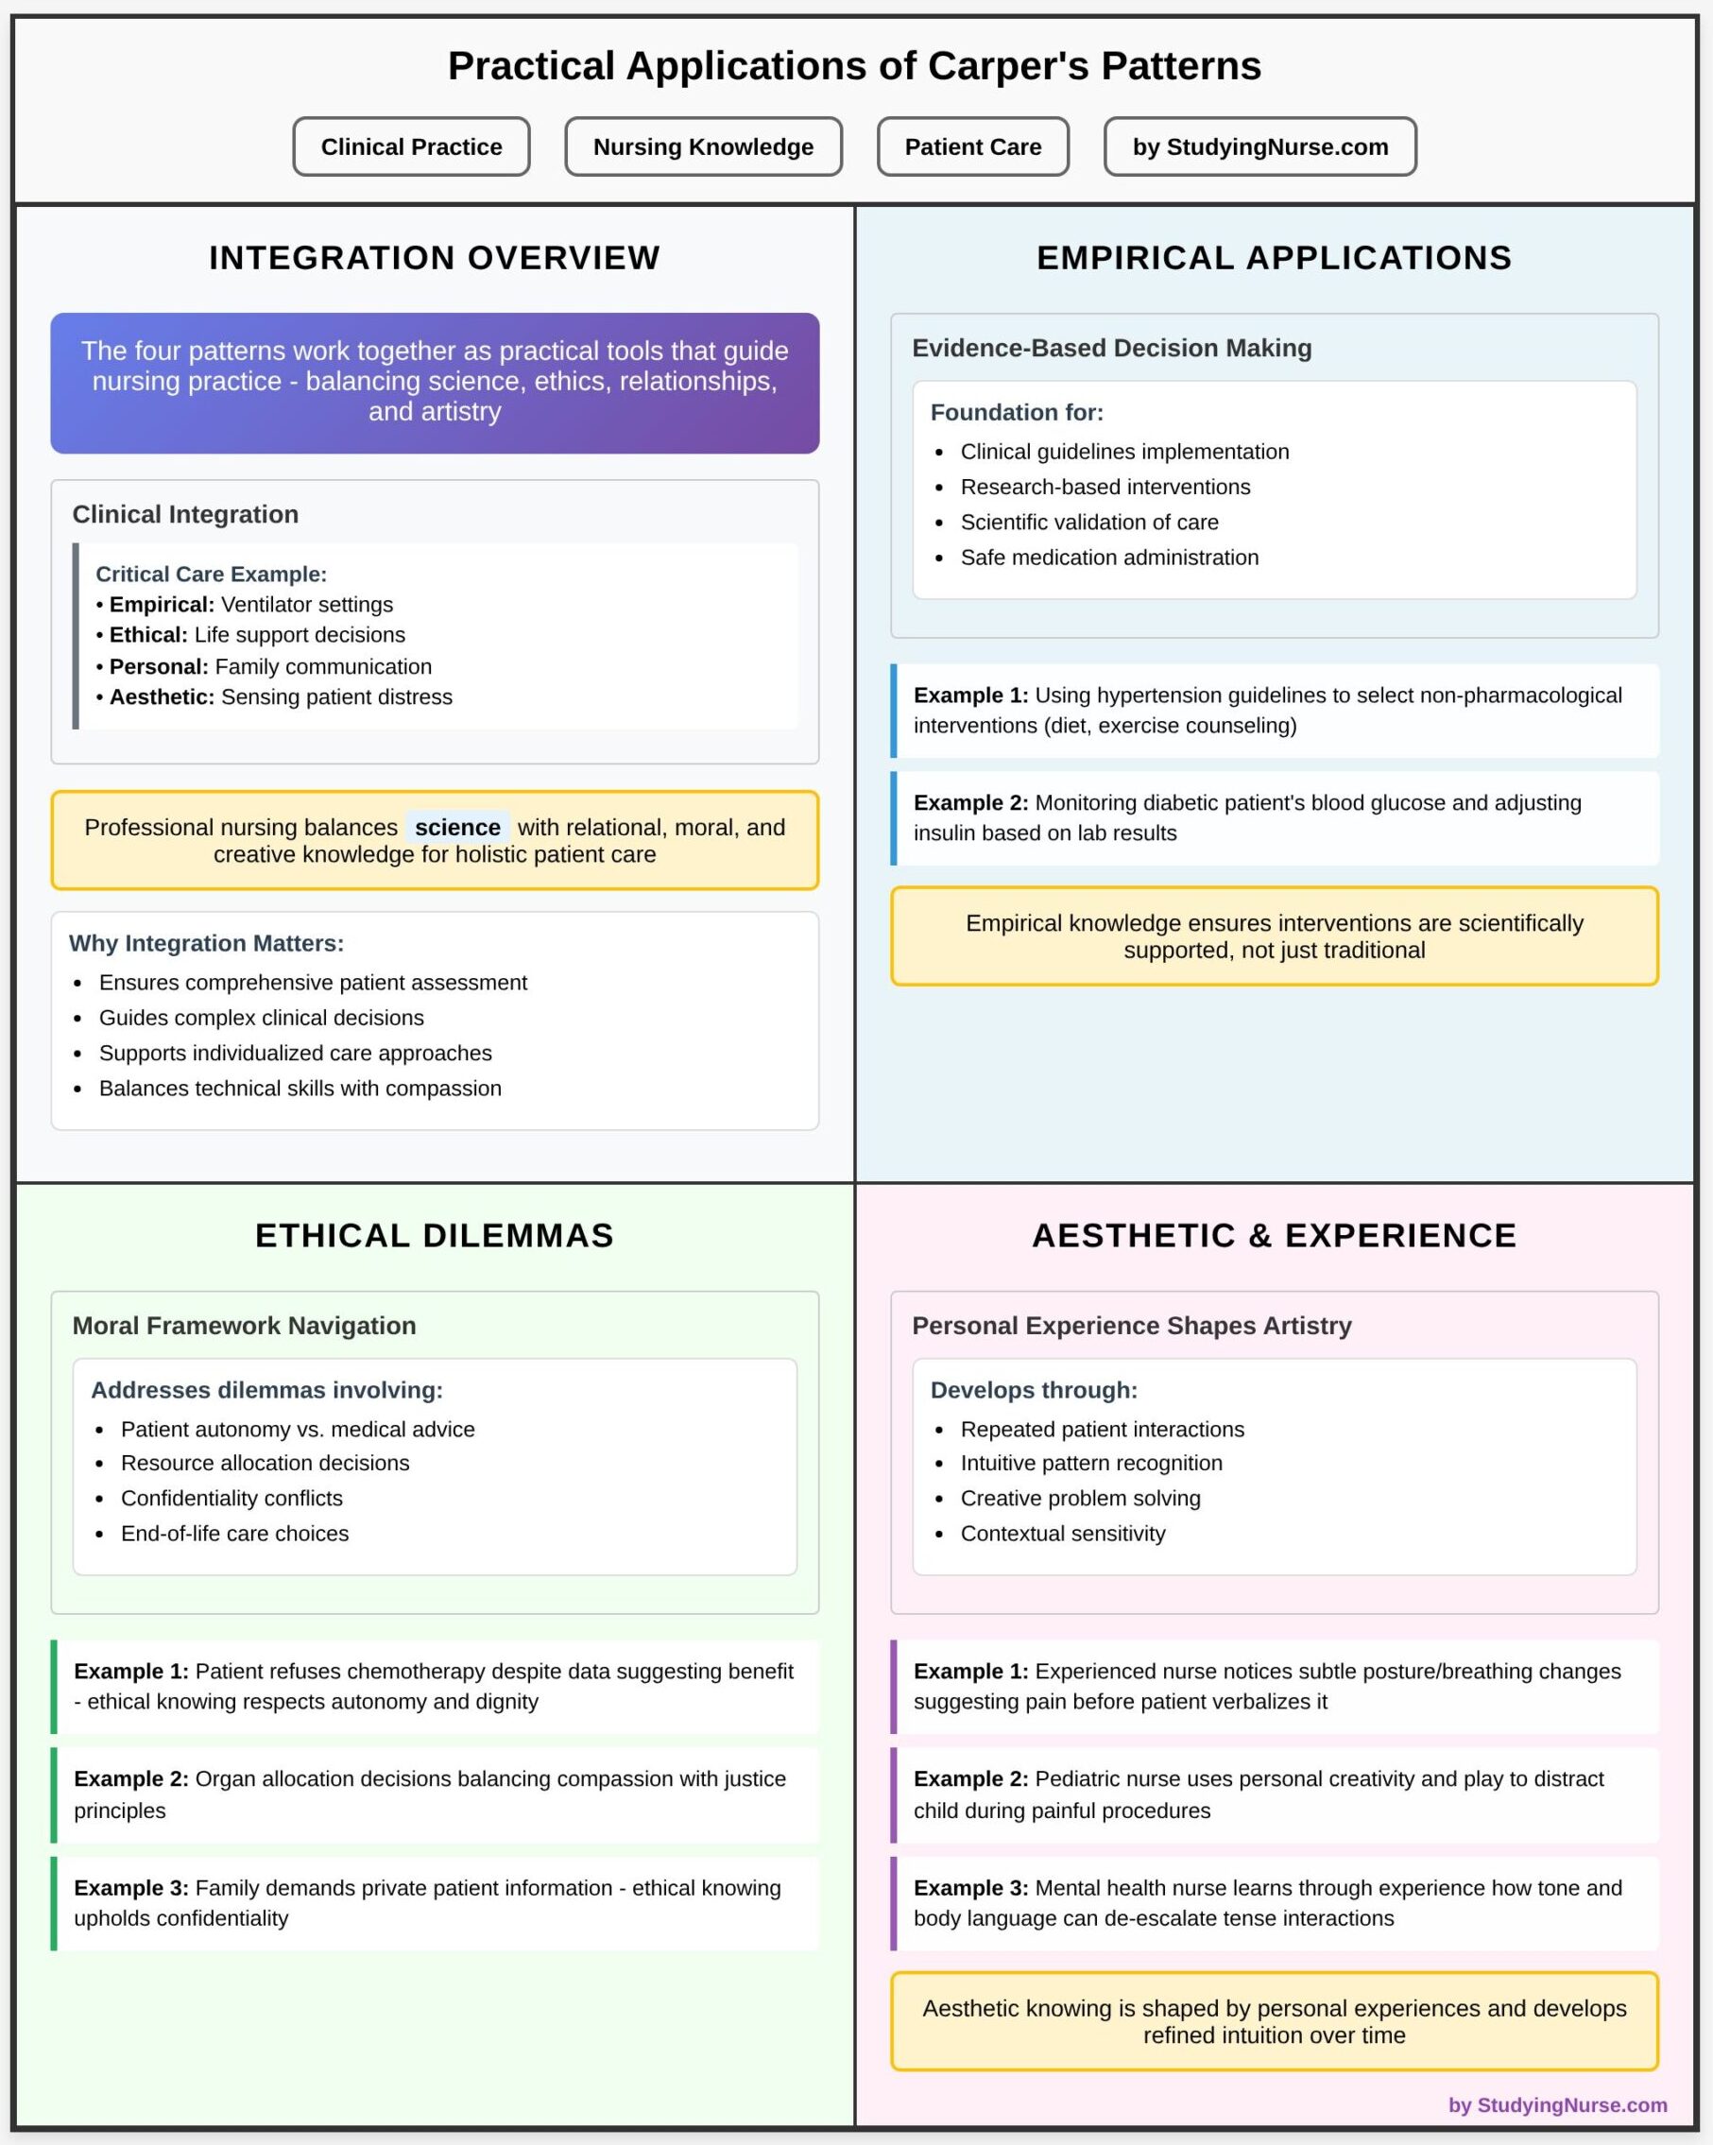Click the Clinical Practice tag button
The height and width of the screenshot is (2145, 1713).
click(411, 147)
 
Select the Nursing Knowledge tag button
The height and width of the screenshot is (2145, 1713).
click(702, 147)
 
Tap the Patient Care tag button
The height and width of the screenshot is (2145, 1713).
click(972, 147)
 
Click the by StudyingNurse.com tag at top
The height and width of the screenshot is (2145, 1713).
click(1259, 147)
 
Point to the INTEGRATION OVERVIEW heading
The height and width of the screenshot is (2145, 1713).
click(434, 258)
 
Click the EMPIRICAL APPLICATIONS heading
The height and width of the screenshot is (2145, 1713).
click(1274, 258)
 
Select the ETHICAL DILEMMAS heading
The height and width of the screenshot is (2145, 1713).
click(434, 1235)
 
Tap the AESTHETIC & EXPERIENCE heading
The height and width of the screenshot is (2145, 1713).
click(1274, 1235)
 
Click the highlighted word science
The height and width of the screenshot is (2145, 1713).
click(456, 827)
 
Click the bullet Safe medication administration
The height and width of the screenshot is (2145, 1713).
click(1108, 558)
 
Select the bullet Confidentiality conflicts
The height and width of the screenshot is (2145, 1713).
click(231, 1498)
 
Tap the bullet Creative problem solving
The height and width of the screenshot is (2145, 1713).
click(1079, 1498)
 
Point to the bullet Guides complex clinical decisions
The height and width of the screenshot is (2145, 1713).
click(261, 1017)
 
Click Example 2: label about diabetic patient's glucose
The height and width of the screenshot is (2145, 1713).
click(970, 803)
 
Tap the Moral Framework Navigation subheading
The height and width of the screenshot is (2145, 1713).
click(244, 1325)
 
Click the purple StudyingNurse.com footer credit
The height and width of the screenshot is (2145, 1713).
click(1557, 2104)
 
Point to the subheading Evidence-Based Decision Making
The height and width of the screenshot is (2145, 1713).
click(1111, 349)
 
